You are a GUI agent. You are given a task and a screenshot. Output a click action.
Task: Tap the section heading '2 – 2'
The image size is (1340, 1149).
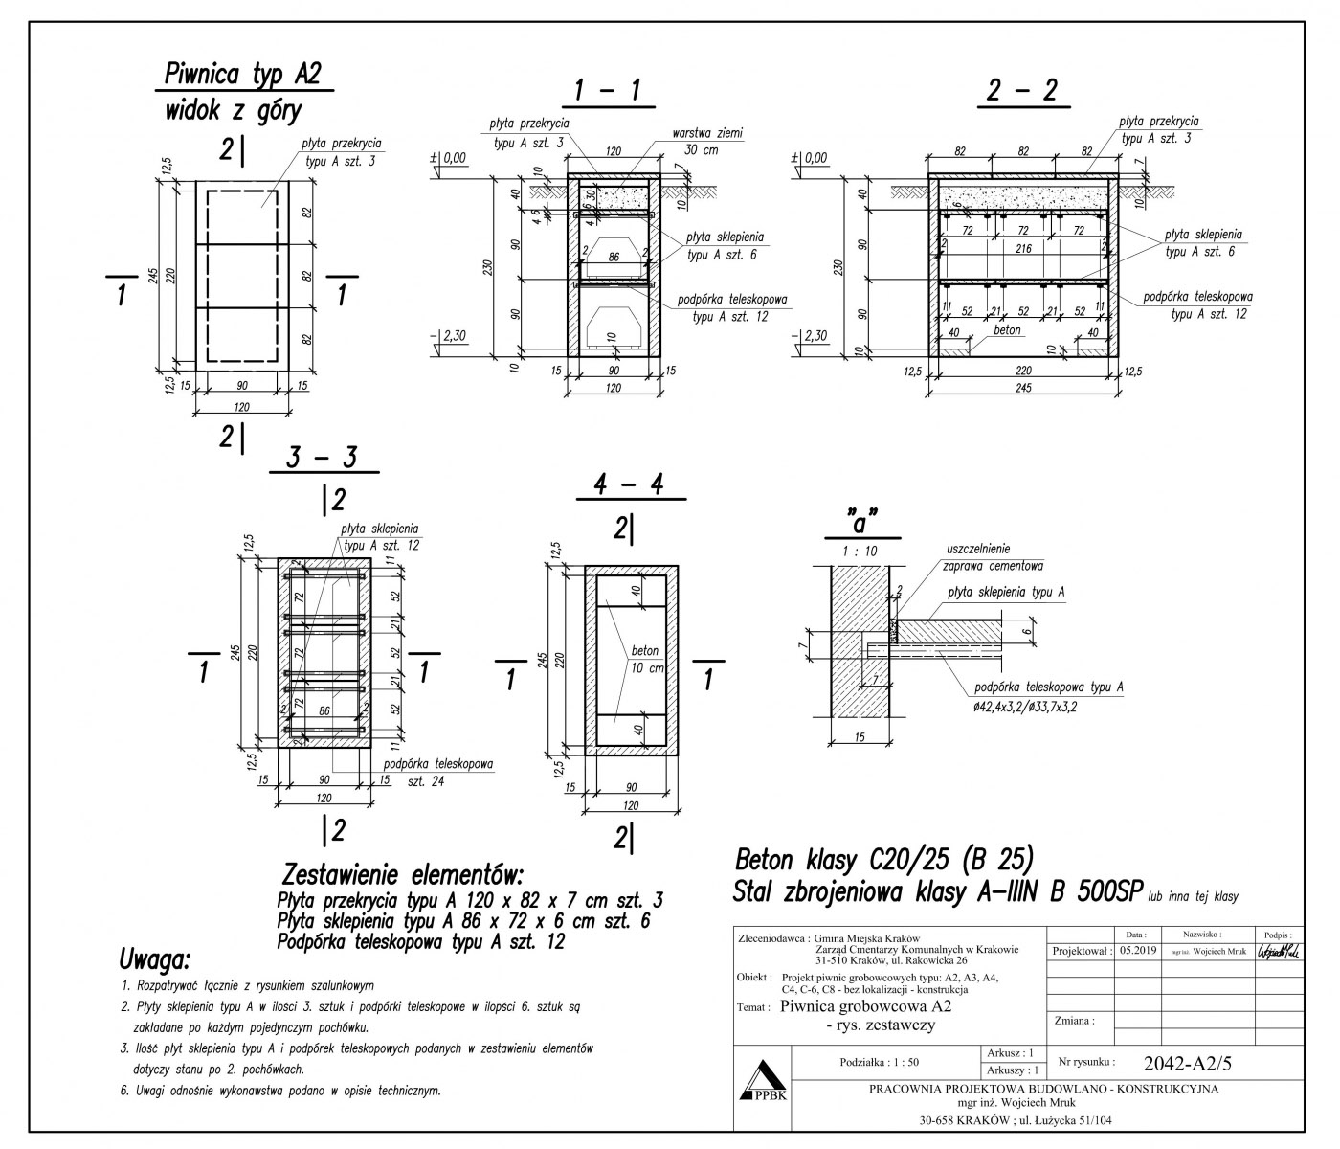click(x=1022, y=91)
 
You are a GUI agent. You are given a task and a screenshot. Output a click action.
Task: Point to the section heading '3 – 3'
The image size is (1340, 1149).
click(x=323, y=458)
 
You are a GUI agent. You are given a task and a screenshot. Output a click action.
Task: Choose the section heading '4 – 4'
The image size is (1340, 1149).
click(x=629, y=485)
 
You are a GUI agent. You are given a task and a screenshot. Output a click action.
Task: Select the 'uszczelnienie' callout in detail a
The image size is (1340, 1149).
click(x=977, y=550)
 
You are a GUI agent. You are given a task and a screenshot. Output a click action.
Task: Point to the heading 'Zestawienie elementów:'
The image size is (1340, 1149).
click(x=403, y=875)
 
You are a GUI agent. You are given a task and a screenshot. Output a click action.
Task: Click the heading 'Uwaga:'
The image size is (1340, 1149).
click(x=155, y=958)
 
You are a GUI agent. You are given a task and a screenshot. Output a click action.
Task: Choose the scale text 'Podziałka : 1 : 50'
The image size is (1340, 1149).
click(x=879, y=1063)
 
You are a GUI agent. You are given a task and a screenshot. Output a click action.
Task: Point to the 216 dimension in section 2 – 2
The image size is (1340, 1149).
click(x=1023, y=249)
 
